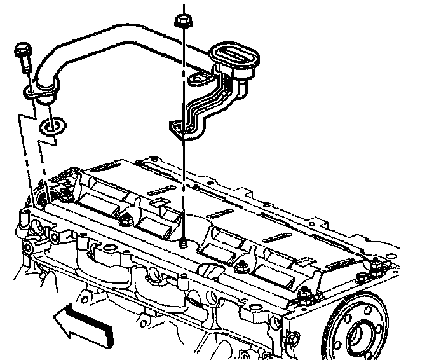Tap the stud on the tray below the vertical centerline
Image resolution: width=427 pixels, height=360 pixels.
183,241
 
